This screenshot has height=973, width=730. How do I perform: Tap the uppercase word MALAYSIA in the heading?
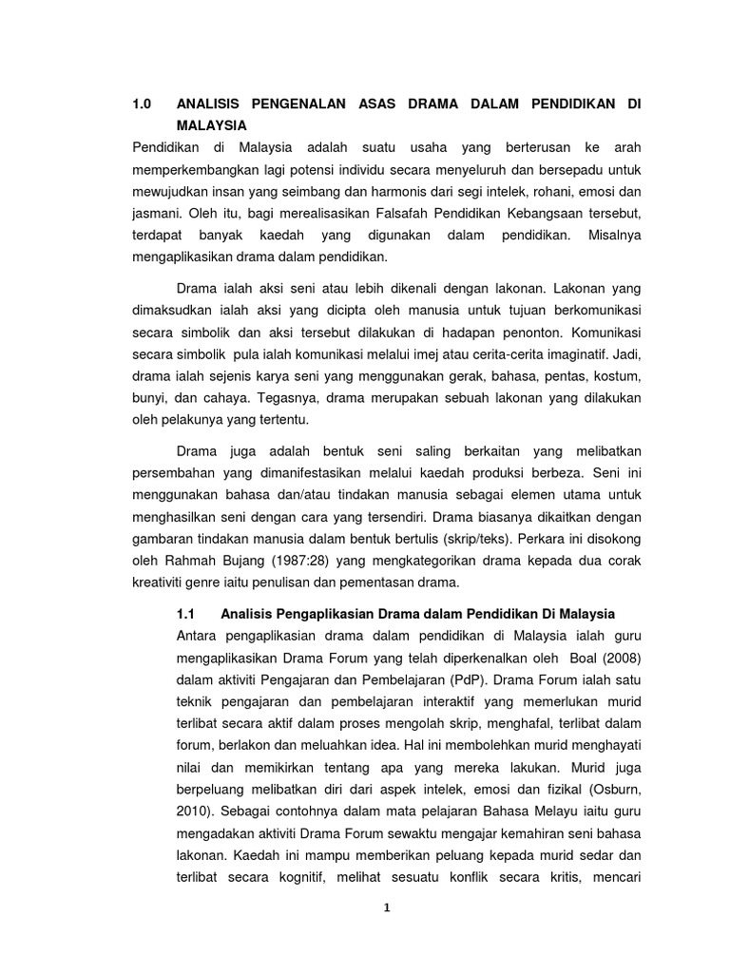point(211,125)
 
